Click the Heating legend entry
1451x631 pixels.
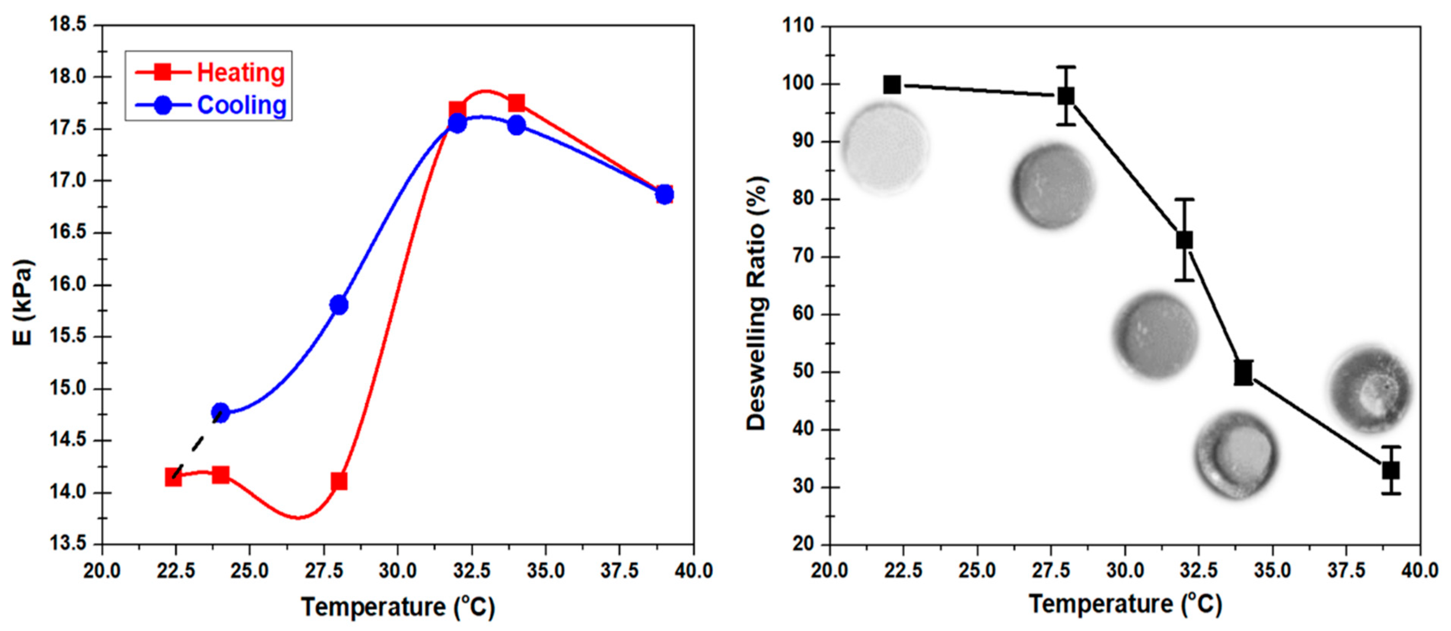tap(210, 73)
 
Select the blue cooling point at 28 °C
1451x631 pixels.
tap(339, 305)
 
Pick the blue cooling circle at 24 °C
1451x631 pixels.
tap(220, 413)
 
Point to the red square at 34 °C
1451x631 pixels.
tap(516, 103)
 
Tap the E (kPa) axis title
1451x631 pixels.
tap(24, 302)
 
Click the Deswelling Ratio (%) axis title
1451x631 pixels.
tap(757, 304)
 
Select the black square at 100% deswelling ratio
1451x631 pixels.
tap(892, 85)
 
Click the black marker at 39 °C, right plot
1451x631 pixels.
tap(1391, 470)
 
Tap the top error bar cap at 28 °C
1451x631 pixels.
tap(1065, 67)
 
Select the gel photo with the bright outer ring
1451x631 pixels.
tap(1236, 455)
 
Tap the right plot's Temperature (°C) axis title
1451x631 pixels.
tap(1125, 604)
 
